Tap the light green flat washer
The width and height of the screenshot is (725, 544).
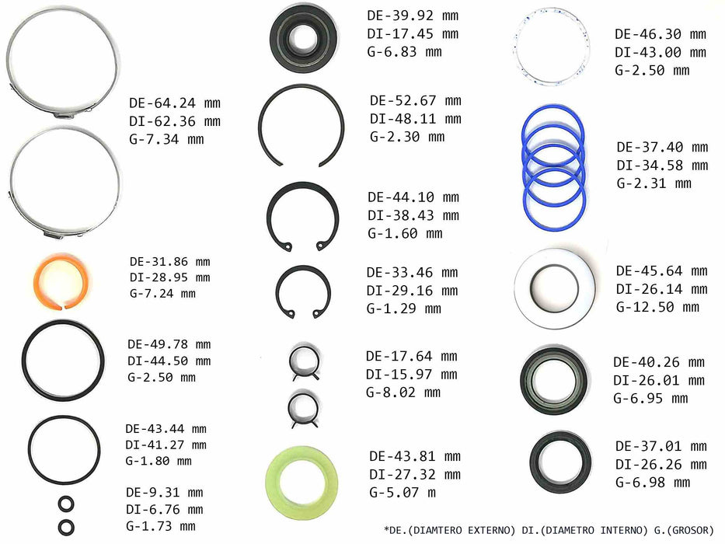point(277,482)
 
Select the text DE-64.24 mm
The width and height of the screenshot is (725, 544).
point(175,103)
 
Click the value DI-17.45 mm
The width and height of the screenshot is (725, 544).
point(413,33)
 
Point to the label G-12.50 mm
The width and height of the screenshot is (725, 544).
point(657,307)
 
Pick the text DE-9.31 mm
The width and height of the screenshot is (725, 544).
point(165,492)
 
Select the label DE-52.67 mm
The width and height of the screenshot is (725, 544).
point(416,101)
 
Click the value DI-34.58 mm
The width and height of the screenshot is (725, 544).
point(663,165)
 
